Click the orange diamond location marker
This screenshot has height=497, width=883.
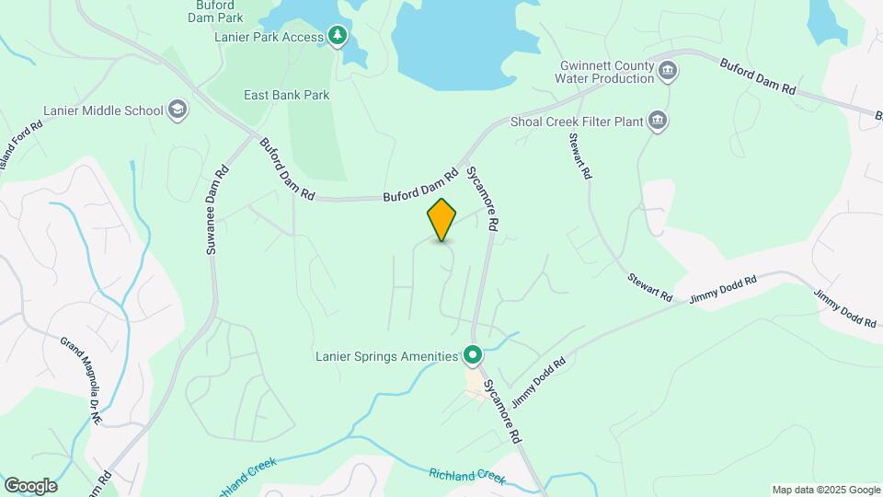point(441,220)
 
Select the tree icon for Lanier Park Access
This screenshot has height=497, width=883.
point(338,37)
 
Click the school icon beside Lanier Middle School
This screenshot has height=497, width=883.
point(178,111)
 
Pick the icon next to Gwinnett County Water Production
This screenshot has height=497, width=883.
point(669,71)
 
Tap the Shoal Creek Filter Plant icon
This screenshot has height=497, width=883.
point(658,121)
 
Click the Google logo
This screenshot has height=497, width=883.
point(30,485)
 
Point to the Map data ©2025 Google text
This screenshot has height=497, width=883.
point(826,490)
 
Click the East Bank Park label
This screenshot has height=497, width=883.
point(286,95)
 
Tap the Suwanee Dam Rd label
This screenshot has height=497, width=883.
point(216,209)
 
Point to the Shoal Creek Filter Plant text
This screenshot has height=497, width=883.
point(575,121)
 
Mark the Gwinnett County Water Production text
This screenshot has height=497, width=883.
point(607,72)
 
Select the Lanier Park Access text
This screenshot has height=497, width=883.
point(269,38)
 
